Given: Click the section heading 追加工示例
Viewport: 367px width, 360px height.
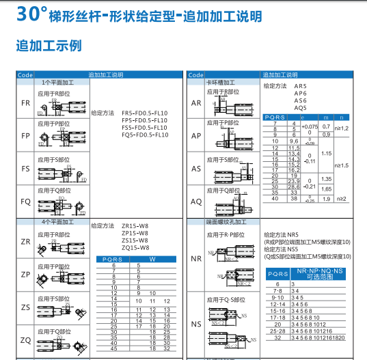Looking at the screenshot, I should pyautogui.click(x=49, y=46).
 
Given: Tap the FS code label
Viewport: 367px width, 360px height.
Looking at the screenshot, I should pyautogui.click(x=25, y=168).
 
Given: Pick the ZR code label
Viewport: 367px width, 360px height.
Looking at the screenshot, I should pyautogui.click(x=25, y=242).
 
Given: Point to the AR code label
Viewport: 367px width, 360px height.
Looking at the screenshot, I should pyautogui.click(x=196, y=102).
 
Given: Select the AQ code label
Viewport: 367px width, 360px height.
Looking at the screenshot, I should pyautogui.click(x=196, y=201).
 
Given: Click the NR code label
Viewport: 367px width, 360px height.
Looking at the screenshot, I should pyautogui.click(x=196, y=258).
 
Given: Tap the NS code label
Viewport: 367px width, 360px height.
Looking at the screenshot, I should pyautogui.click(x=196, y=324).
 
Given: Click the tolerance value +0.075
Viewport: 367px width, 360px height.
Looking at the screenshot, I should pyautogui.click(x=310, y=126).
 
